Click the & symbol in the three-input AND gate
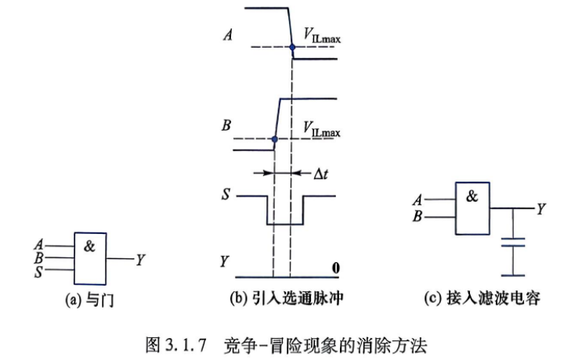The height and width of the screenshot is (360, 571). [x=89, y=247]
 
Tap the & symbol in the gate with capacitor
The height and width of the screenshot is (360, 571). [x=472, y=196]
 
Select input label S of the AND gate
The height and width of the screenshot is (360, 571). [x=38, y=272]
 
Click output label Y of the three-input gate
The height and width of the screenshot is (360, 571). [x=140, y=260]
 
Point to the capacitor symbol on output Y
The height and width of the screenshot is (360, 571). [x=513, y=243]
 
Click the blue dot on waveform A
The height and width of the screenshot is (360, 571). [x=292, y=47]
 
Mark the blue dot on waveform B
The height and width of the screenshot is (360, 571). [x=275, y=139]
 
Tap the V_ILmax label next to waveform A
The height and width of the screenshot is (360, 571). [x=322, y=36]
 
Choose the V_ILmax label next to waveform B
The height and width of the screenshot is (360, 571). [x=322, y=130]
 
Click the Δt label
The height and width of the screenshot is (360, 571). [x=321, y=175]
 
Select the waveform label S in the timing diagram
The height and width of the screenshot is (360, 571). [x=226, y=194]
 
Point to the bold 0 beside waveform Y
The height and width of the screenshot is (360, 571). [x=336, y=268]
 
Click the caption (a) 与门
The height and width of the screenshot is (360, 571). [x=89, y=301]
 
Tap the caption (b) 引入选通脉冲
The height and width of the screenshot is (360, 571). [x=286, y=298]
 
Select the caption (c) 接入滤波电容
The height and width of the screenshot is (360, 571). [x=482, y=298]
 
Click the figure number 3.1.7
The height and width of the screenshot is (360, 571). [x=186, y=344]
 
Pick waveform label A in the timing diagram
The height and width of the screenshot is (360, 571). [x=228, y=35]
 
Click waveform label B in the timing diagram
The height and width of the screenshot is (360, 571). [x=226, y=125]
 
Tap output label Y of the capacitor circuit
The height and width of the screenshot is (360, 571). [x=541, y=209]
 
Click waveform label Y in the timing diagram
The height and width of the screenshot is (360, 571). [x=225, y=261]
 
